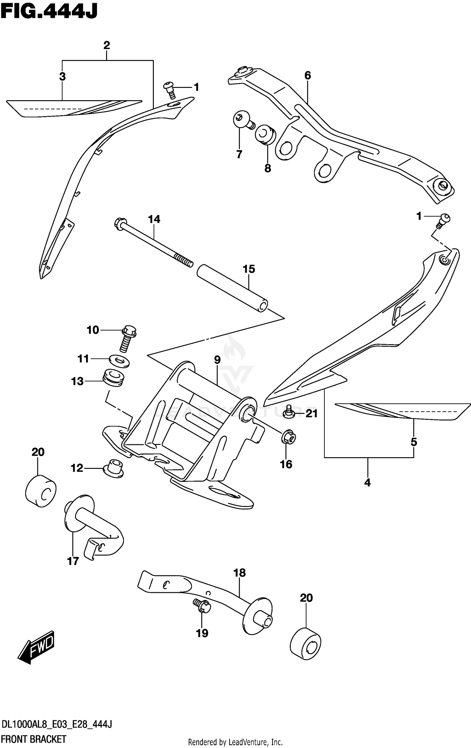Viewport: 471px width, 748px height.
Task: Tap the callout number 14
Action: click(154, 219)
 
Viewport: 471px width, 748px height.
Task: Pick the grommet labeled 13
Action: click(113, 378)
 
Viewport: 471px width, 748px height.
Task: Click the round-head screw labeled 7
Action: click(244, 121)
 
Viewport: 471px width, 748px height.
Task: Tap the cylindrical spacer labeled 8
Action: click(266, 135)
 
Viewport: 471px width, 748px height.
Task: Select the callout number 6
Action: click(307, 75)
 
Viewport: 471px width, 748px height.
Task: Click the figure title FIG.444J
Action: click(49, 11)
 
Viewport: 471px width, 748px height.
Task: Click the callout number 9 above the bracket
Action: click(217, 360)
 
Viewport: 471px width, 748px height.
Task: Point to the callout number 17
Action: click(73, 561)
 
